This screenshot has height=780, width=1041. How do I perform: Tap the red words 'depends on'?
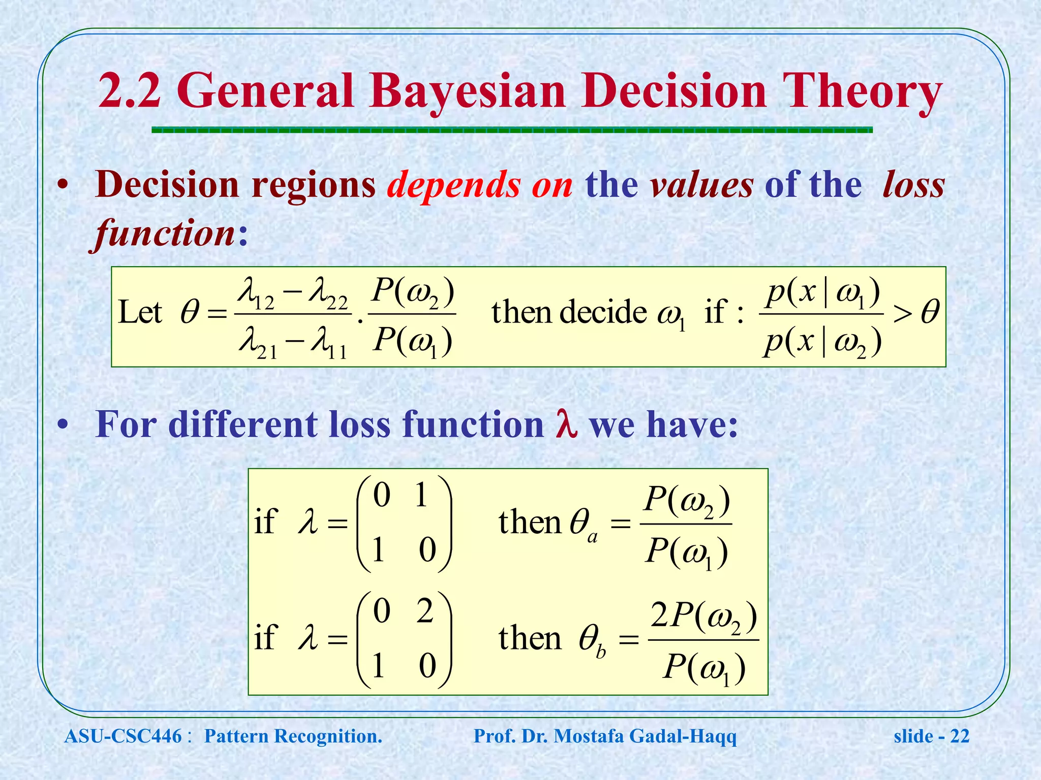pos(480,184)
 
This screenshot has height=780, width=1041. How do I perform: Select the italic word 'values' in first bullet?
pos(702,184)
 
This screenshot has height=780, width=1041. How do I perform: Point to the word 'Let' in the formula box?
pos(140,312)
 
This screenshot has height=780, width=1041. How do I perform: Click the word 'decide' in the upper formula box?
pos(603,312)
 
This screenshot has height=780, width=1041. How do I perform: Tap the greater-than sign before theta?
pos(902,314)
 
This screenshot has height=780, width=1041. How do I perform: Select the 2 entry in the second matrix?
pos(424,611)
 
